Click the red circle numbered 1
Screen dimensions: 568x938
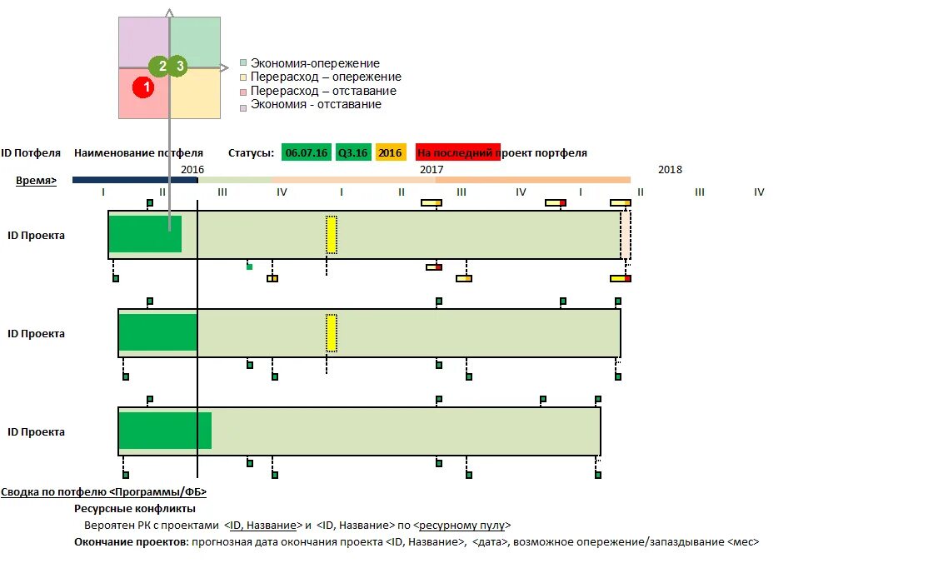coord(143,86)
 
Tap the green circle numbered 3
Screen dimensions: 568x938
coord(177,66)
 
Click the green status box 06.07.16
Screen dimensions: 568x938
coord(306,153)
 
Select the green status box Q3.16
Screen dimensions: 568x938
coord(352,153)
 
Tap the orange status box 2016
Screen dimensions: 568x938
coord(390,153)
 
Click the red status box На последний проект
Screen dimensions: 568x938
coord(457,153)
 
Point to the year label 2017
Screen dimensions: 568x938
coord(431,169)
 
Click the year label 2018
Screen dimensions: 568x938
coord(669,169)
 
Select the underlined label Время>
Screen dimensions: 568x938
coord(36,180)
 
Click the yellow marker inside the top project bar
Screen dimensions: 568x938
coord(332,234)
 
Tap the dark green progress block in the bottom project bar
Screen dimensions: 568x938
coord(164,431)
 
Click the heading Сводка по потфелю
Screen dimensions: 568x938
coord(103,492)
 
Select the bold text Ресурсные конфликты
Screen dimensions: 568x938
coord(135,508)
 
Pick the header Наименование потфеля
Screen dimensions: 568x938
coord(138,153)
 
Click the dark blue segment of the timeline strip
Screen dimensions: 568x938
coord(134,180)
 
